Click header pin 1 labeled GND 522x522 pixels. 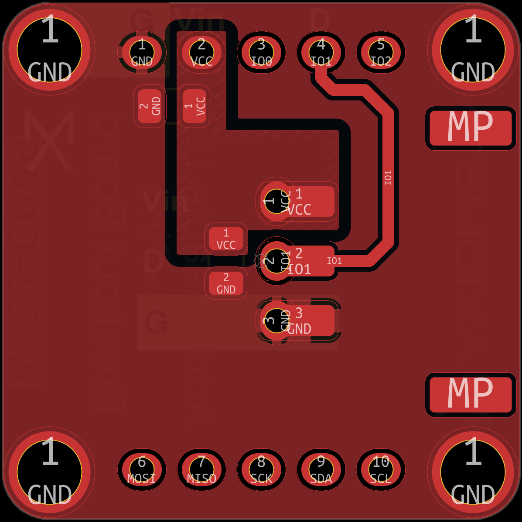click(142, 52)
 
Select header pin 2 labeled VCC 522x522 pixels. click(201, 52)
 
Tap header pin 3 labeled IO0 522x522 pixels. click(261, 52)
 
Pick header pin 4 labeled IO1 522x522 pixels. click(321, 52)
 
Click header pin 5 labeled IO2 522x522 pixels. click(381, 52)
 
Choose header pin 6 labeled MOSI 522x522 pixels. click(142, 469)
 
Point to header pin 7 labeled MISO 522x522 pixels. click(201, 469)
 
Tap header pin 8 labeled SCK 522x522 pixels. click(261, 469)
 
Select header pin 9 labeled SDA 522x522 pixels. click(321, 469)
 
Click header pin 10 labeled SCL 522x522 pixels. click(381, 469)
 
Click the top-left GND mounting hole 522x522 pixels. click(49, 49)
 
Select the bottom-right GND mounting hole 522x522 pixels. click(473, 472)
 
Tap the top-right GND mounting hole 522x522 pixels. click(473, 49)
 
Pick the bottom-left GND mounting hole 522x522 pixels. click(49, 472)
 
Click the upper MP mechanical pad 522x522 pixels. click(470, 128)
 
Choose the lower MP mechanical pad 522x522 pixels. click(470, 394)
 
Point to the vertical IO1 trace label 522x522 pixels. click(388, 177)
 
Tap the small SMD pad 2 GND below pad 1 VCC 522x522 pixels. click(226, 283)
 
